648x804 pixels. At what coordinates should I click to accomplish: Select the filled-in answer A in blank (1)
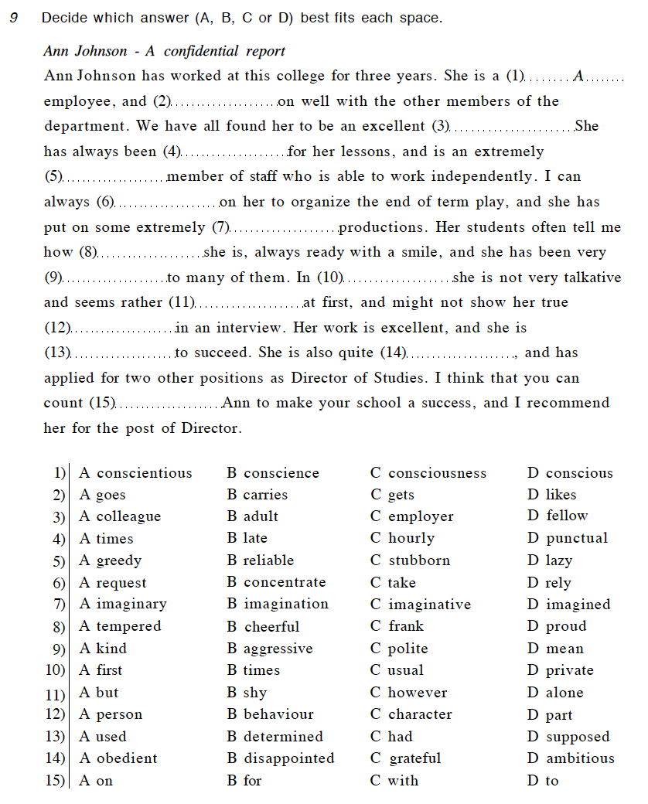[x=578, y=77]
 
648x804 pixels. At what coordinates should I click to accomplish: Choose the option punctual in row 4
[x=577, y=538]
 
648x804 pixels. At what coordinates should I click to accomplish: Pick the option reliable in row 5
[x=268, y=560]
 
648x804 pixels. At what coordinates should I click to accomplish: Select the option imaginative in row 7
[x=429, y=605]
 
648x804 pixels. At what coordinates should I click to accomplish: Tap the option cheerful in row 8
[x=271, y=626]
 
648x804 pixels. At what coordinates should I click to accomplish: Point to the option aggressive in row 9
[x=278, y=649]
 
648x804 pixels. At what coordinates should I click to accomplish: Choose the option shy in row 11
[x=255, y=693]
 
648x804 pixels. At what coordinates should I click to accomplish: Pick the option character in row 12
[x=420, y=714]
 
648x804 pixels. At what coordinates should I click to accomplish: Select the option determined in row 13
[x=283, y=737]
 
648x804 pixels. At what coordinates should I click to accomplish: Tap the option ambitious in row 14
[x=580, y=758]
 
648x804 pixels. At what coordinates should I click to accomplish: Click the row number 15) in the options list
[x=56, y=781]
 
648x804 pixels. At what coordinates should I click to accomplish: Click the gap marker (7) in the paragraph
[x=221, y=227]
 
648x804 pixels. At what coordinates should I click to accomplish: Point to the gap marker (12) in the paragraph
[x=57, y=328]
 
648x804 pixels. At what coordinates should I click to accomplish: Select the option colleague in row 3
[x=128, y=516]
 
